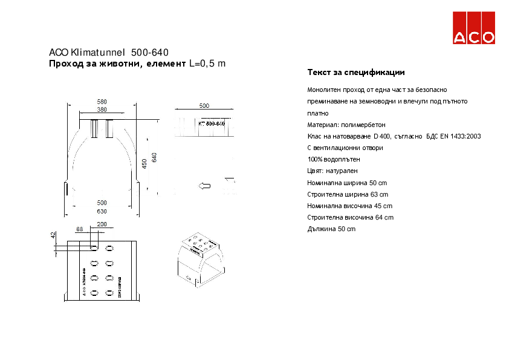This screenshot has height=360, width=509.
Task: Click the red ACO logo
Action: [x=475, y=28]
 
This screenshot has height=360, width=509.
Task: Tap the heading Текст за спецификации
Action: [x=356, y=73]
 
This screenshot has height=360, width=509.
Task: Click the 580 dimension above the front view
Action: [x=102, y=101]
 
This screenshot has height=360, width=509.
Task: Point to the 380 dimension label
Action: [x=102, y=110]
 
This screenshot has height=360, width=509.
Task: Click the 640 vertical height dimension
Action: [x=155, y=157]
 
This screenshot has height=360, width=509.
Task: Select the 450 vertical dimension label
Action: [x=144, y=163]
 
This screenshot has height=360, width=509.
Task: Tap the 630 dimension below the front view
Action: [x=102, y=211]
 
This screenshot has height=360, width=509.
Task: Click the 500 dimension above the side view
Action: [x=204, y=105]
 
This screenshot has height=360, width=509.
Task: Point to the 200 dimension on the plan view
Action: [x=102, y=224]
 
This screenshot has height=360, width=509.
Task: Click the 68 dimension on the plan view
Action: [x=79, y=229]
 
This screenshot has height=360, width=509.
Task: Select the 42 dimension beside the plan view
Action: [x=53, y=235]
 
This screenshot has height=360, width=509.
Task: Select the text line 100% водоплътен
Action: [x=334, y=159]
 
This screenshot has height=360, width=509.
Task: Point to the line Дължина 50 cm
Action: [x=331, y=229]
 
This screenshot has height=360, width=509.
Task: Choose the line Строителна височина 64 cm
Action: [x=351, y=217]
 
